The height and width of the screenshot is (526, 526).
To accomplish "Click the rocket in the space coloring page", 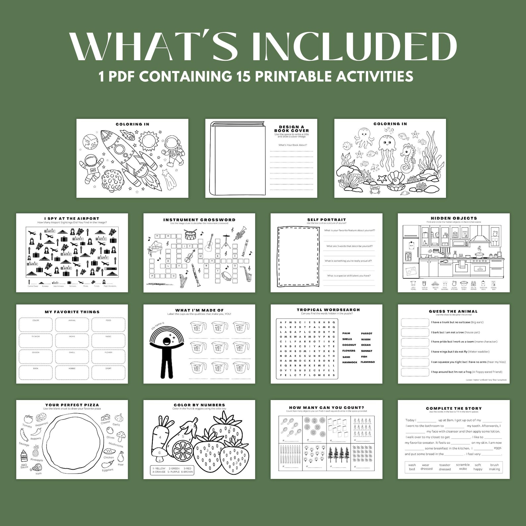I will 124,156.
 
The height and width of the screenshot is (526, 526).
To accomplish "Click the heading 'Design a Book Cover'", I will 291,129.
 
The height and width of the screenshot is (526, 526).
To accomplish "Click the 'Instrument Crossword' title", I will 199,220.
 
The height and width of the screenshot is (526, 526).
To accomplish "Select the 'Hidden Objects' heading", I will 454,218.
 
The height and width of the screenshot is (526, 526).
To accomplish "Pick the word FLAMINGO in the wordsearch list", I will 368,362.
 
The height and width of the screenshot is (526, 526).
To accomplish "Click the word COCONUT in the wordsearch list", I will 349,345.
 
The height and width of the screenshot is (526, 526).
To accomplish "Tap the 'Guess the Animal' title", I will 453,311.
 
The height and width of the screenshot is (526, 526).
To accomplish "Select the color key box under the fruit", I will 172,470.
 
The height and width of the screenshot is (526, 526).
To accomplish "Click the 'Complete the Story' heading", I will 454,408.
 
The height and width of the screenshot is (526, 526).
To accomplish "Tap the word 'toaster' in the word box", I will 445,465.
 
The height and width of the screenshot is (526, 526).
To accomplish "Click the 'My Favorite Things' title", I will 72,312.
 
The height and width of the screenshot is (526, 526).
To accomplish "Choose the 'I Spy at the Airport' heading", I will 72,219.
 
